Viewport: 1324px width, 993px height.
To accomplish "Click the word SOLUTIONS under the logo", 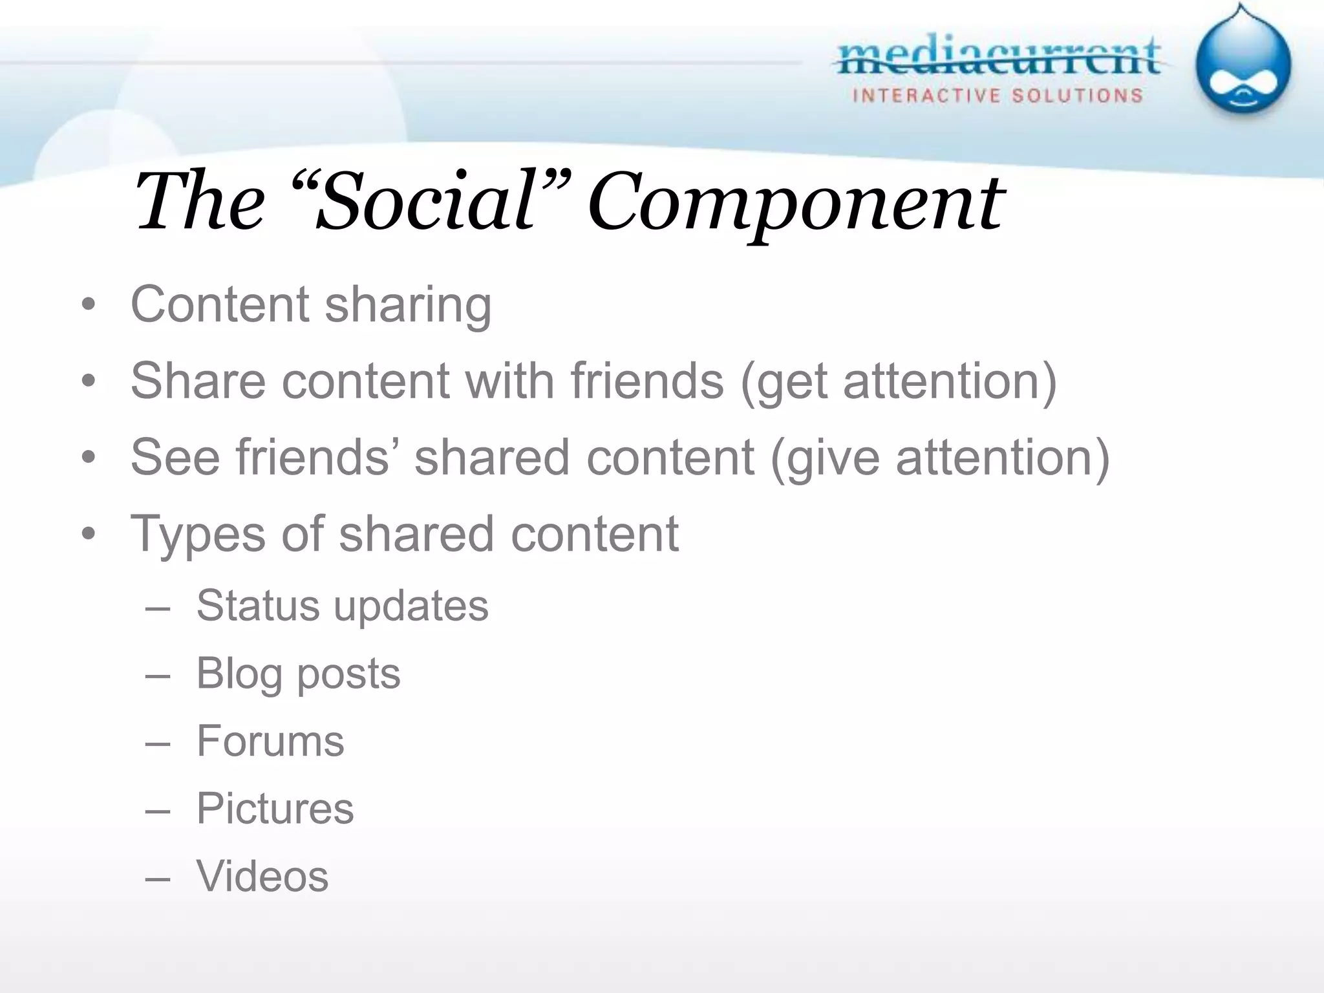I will (1077, 96).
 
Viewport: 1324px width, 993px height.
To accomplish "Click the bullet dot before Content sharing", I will (89, 304).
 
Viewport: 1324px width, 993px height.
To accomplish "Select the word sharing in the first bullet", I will (408, 304).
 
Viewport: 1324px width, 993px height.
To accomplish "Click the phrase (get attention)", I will (899, 381).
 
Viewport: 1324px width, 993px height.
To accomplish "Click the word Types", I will (198, 535).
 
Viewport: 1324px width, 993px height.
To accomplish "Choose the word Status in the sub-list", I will (258, 606).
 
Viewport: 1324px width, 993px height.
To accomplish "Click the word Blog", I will (239, 674).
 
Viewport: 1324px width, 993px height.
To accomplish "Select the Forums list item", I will (270, 741).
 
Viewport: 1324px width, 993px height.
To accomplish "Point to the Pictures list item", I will (275, 808).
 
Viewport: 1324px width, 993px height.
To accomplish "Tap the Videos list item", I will (262, 876).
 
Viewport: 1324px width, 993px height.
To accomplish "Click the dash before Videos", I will (158, 879).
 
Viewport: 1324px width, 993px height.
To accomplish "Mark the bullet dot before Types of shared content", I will (89, 534).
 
